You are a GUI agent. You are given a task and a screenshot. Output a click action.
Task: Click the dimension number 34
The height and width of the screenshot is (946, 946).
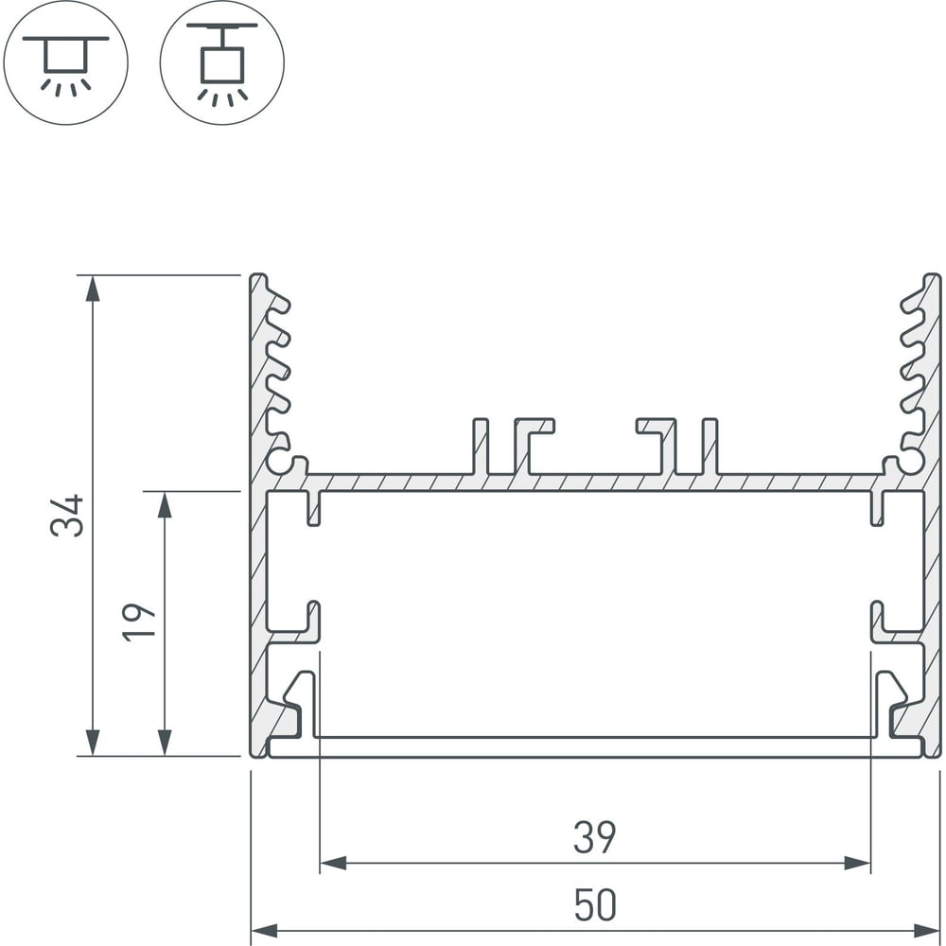67,516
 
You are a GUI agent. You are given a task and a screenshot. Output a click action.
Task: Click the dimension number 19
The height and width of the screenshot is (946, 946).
138,622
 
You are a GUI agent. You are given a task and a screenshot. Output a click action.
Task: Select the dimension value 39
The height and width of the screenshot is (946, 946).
595,837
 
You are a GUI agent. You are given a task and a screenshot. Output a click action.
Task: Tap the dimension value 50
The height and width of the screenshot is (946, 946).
595,905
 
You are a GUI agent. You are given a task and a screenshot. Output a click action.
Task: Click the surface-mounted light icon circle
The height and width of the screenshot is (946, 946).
66,62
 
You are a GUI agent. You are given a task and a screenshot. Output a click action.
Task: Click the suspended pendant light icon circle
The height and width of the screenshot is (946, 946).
222,62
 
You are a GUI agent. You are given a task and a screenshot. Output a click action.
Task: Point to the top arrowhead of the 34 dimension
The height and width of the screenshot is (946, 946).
93,289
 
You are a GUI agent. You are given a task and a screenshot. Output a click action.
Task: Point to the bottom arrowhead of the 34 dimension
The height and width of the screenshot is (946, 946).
93,742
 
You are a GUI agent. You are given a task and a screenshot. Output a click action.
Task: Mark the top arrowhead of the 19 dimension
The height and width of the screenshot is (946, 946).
164,505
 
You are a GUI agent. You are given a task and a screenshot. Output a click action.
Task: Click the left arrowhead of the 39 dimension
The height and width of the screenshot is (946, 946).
333,864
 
